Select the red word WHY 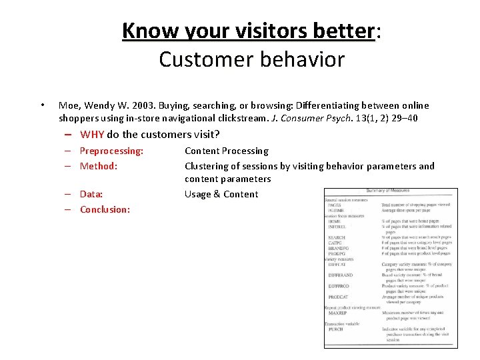[x=92, y=134]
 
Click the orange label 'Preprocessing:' [x=111, y=151]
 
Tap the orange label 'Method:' [x=99, y=166]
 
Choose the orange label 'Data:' [x=91, y=194]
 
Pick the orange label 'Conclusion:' [x=105, y=209]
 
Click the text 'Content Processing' [x=226, y=151]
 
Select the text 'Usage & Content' [x=221, y=194]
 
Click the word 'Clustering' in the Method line [x=207, y=166]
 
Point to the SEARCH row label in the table [x=337, y=237]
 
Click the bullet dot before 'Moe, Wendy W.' [x=43, y=105]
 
